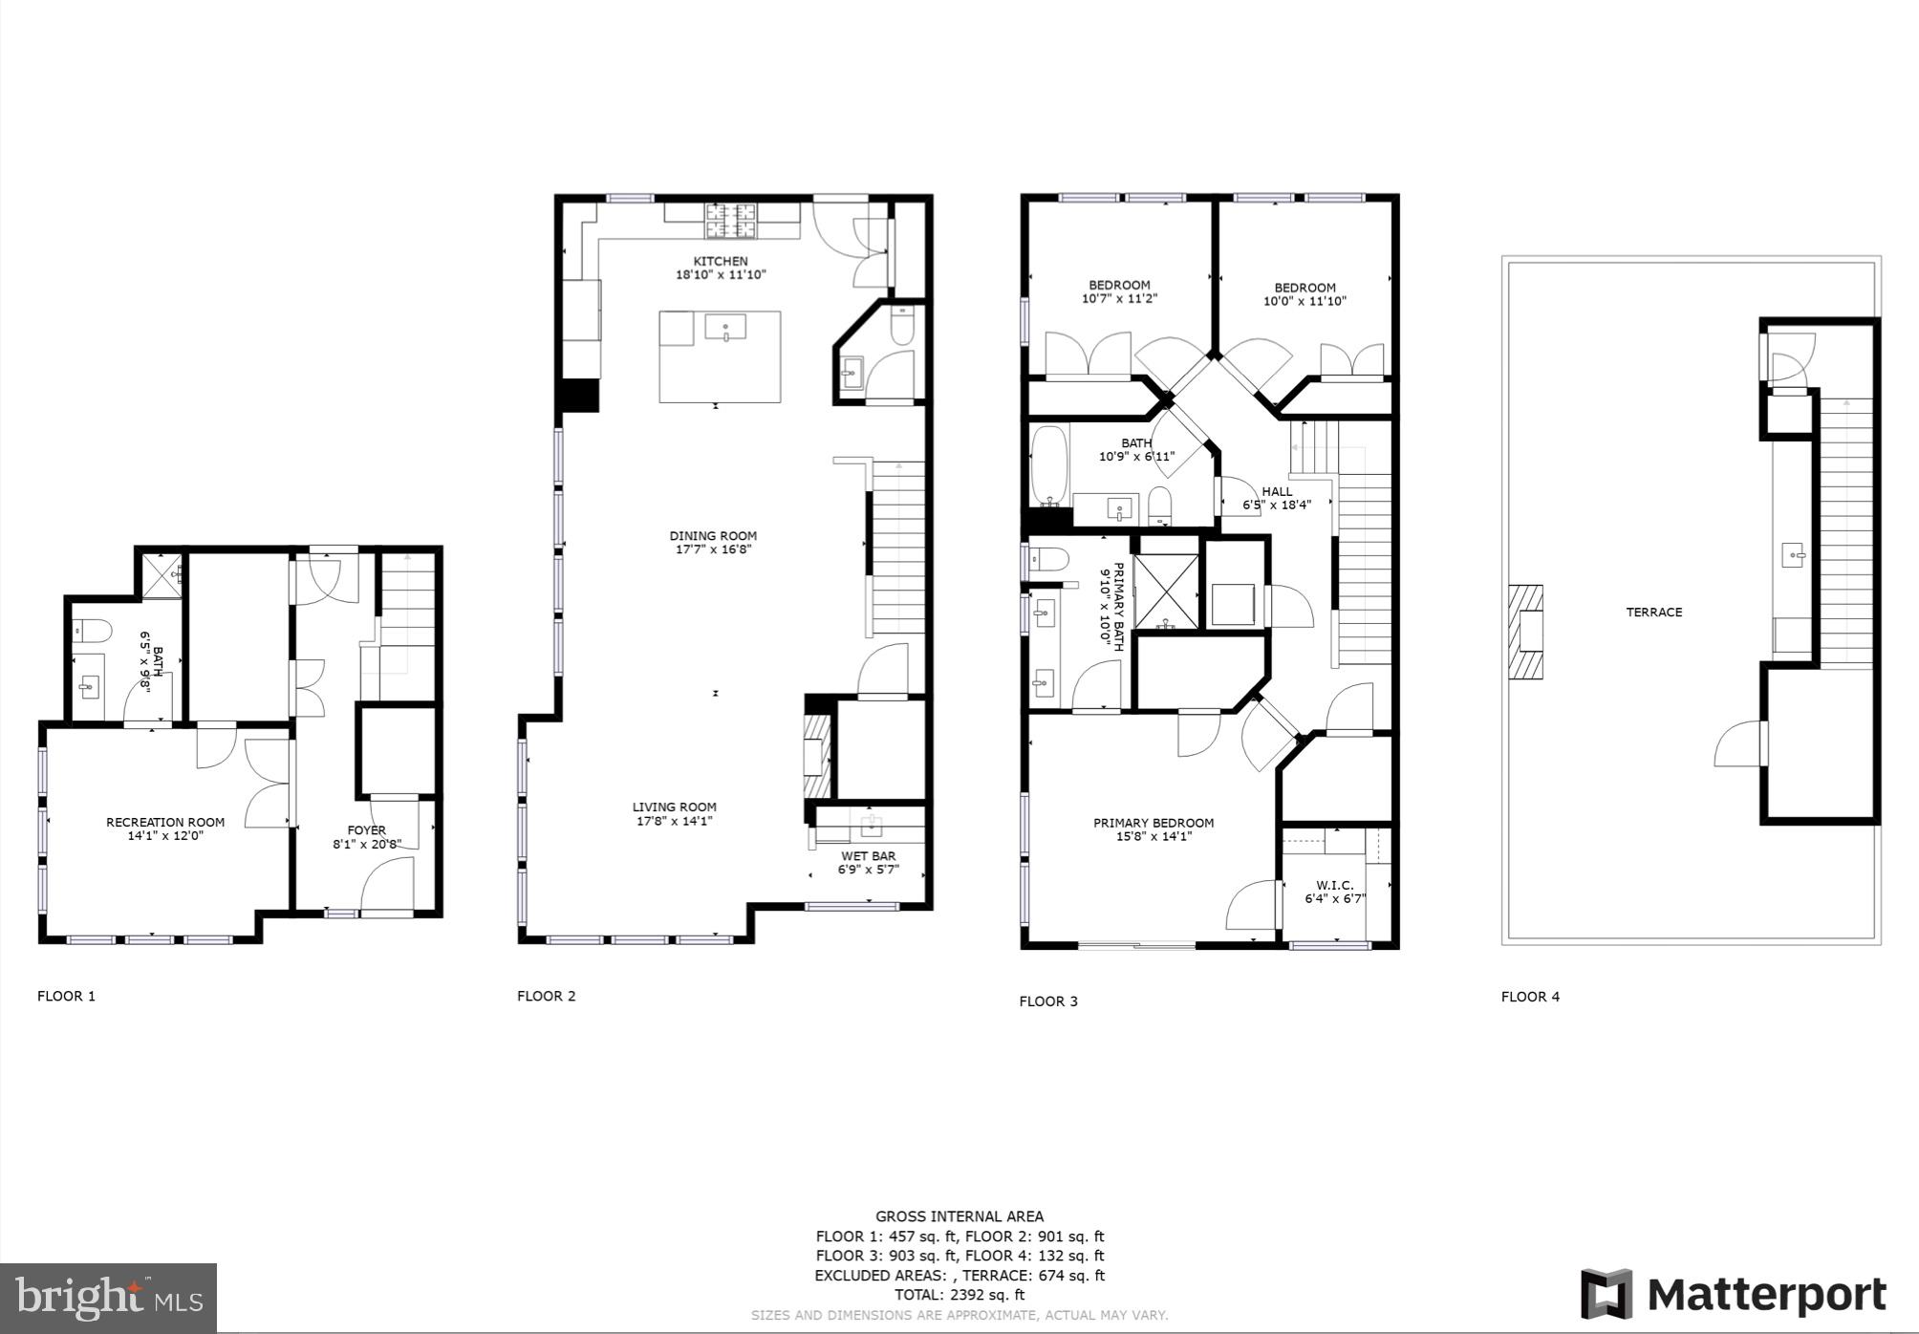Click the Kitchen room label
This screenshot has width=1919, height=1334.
[x=721, y=261]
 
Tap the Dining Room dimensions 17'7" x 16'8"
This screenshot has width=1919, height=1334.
[x=713, y=549]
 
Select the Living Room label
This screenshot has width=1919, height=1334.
[x=674, y=807]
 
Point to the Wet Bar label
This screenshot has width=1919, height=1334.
[x=868, y=855]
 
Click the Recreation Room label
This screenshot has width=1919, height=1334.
[x=165, y=822]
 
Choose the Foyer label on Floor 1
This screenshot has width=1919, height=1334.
[x=367, y=830]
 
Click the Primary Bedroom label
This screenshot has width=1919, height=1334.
[x=1154, y=823]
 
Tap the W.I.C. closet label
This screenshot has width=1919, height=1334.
[x=1334, y=886]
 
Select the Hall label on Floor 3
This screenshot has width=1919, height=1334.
[x=1277, y=491]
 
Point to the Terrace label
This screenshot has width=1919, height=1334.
[x=1653, y=613]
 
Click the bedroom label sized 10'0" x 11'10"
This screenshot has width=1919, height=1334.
[x=1304, y=288]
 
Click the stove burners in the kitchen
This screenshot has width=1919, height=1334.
[x=730, y=221]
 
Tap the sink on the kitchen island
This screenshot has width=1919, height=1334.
[x=726, y=328]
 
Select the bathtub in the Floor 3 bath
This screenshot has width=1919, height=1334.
[x=1049, y=466]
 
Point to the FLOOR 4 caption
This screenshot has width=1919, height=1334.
[x=1530, y=997]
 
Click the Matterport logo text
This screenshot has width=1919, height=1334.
[x=1766, y=1296]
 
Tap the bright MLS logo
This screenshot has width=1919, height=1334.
[x=108, y=1298]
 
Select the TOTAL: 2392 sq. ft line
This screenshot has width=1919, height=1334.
[x=959, y=1295]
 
